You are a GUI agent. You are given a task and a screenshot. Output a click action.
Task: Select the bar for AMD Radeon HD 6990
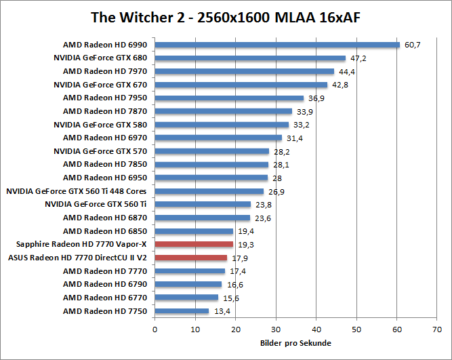point(277,45)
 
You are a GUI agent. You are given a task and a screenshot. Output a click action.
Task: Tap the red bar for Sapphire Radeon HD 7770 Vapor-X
point(194,244)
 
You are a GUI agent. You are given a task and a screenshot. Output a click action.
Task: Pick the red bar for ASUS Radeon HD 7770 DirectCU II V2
point(191,258)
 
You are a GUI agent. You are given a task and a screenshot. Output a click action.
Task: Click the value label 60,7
point(413,45)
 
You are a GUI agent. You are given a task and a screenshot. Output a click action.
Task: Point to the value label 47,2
point(358,59)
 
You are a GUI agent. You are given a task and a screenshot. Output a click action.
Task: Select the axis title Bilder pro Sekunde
point(295,343)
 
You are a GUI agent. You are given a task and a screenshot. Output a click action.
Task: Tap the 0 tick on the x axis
point(155,330)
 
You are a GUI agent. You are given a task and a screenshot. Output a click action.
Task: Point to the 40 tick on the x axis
point(315,330)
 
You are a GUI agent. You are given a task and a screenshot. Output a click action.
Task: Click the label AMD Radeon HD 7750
point(106,311)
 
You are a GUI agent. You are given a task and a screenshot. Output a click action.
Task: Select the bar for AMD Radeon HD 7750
point(182,311)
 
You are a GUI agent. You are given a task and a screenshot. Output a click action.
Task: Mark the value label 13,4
point(222,311)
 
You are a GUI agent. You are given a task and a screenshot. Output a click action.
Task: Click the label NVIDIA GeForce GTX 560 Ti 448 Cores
point(77,191)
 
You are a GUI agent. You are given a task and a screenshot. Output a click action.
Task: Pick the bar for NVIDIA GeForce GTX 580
point(222,125)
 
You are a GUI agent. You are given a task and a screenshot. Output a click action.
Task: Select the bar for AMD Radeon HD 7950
point(229,98)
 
